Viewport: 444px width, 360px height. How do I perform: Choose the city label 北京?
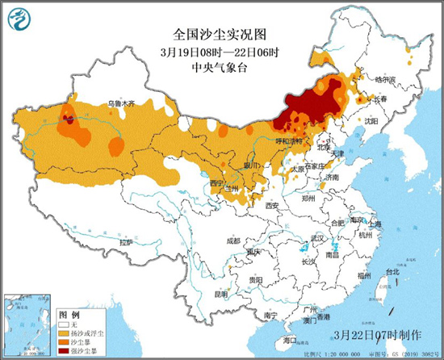[x=323, y=148]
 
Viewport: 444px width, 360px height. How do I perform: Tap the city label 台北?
[x=392, y=273]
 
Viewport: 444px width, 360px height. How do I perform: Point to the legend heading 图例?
[x=70, y=312]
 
